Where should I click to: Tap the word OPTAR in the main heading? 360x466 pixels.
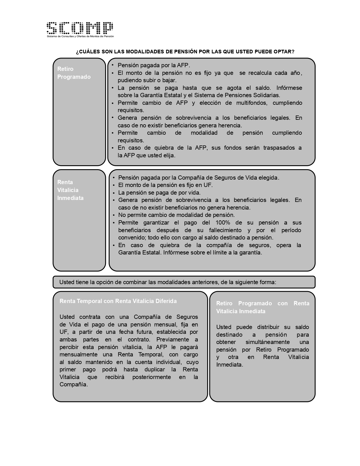[x=284, y=52]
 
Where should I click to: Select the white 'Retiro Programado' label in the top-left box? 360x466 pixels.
[x=74, y=73]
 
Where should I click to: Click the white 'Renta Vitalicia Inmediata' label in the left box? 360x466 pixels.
[x=70, y=190]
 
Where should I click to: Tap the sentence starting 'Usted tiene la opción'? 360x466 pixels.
[x=168, y=282]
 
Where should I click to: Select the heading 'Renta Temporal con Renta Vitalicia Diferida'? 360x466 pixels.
[x=118, y=301]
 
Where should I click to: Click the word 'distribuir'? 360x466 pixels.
[x=270, y=327]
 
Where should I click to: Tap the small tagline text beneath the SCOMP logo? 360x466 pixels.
[x=80, y=36]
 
